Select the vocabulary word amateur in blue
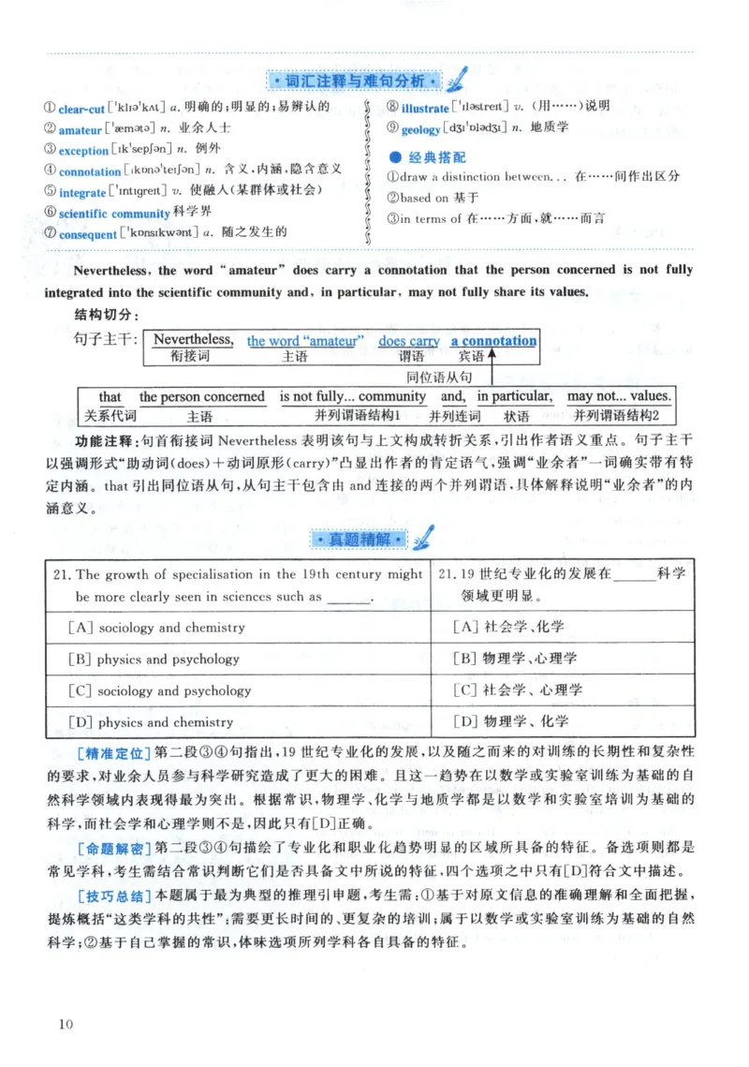point(79,129)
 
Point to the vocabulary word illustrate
point(424,108)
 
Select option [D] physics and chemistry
point(151,722)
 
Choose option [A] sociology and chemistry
point(156,628)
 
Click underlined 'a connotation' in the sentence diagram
point(493,341)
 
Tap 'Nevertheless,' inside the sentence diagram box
point(193,340)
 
